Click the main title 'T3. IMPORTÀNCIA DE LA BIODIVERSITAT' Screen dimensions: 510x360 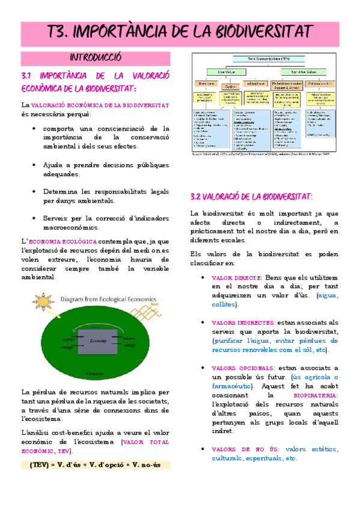click(x=180, y=31)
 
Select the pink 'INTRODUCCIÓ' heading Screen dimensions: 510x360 click(x=96, y=58)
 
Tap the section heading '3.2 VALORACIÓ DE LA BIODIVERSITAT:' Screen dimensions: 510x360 click(x=251, y=197)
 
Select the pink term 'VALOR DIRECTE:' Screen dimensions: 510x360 click(x=237, y=278)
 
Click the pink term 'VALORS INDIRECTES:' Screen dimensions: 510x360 click(x=243, y=323)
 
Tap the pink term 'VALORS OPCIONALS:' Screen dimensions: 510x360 click(x=242, y=368)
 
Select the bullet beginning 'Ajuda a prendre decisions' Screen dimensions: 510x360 click(x=106, y=169)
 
